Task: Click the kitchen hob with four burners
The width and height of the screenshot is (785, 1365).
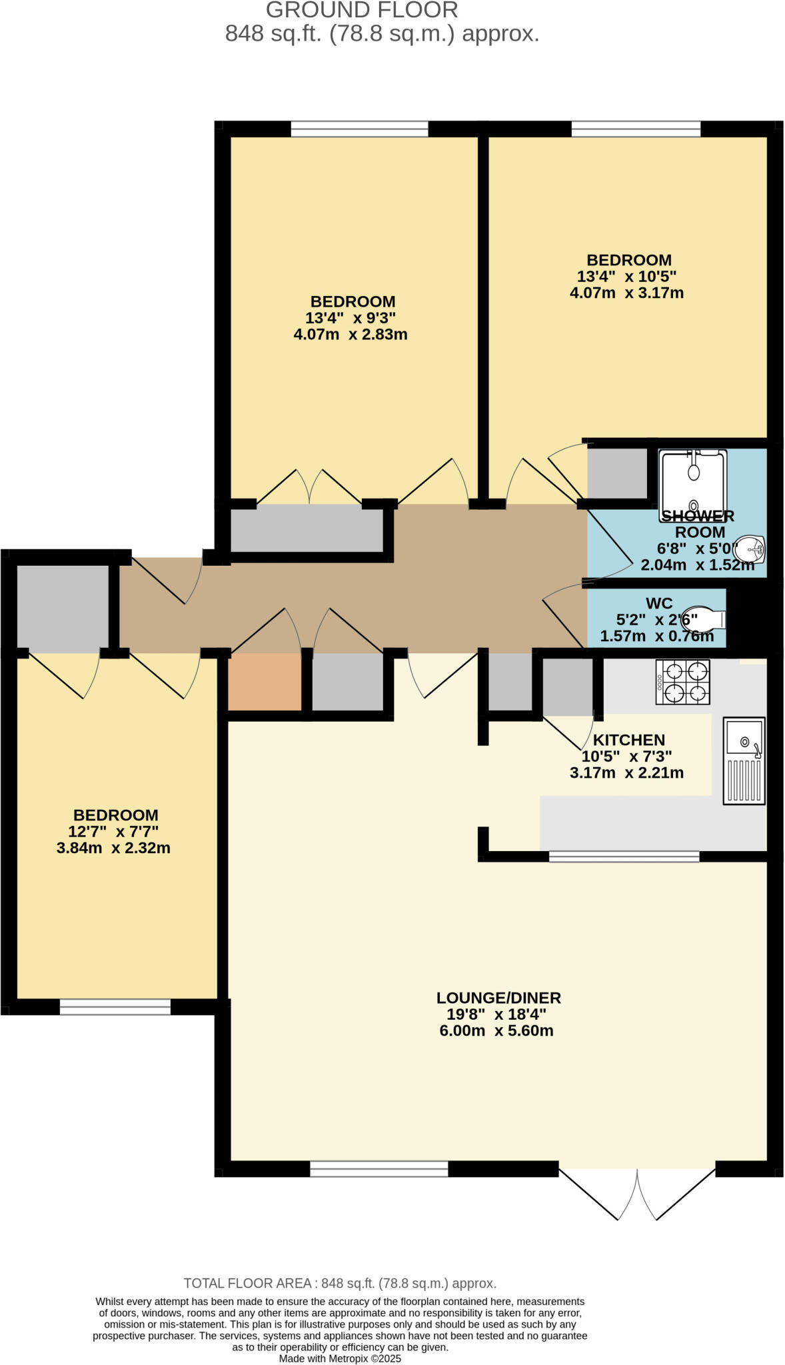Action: click(x=682, y=682)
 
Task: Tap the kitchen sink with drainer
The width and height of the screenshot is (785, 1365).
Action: click(x=744, y=760)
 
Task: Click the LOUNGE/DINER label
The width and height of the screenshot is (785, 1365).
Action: click(x=498, y=998)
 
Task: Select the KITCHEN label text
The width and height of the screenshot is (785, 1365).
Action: click(x=628, y=740)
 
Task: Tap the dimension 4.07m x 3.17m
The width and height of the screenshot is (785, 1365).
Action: click(x=626, y=293)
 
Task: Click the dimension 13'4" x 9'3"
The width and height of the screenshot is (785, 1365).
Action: click(x=351, y=318)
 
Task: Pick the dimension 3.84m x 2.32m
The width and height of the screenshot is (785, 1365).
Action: click(x=113, y=848)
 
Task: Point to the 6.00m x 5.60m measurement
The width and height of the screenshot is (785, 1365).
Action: click(x=496, y=1031)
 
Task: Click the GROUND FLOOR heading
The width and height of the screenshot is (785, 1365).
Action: click(x=361, y=10)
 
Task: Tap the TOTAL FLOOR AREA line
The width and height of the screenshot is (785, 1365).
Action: click(x=340, y=1283)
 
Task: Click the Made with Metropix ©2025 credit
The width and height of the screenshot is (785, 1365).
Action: click(x=340, y=1358)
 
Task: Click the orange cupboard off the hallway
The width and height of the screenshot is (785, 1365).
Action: click(x=265, y=681)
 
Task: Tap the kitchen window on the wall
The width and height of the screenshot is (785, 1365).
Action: click(x=624, y=856)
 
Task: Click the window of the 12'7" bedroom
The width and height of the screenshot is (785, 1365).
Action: click(x=115, y=1006)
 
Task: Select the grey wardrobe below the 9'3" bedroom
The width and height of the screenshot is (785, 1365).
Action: click(x=307, y=528)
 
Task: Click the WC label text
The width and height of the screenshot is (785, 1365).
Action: click(x=658, y=603)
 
